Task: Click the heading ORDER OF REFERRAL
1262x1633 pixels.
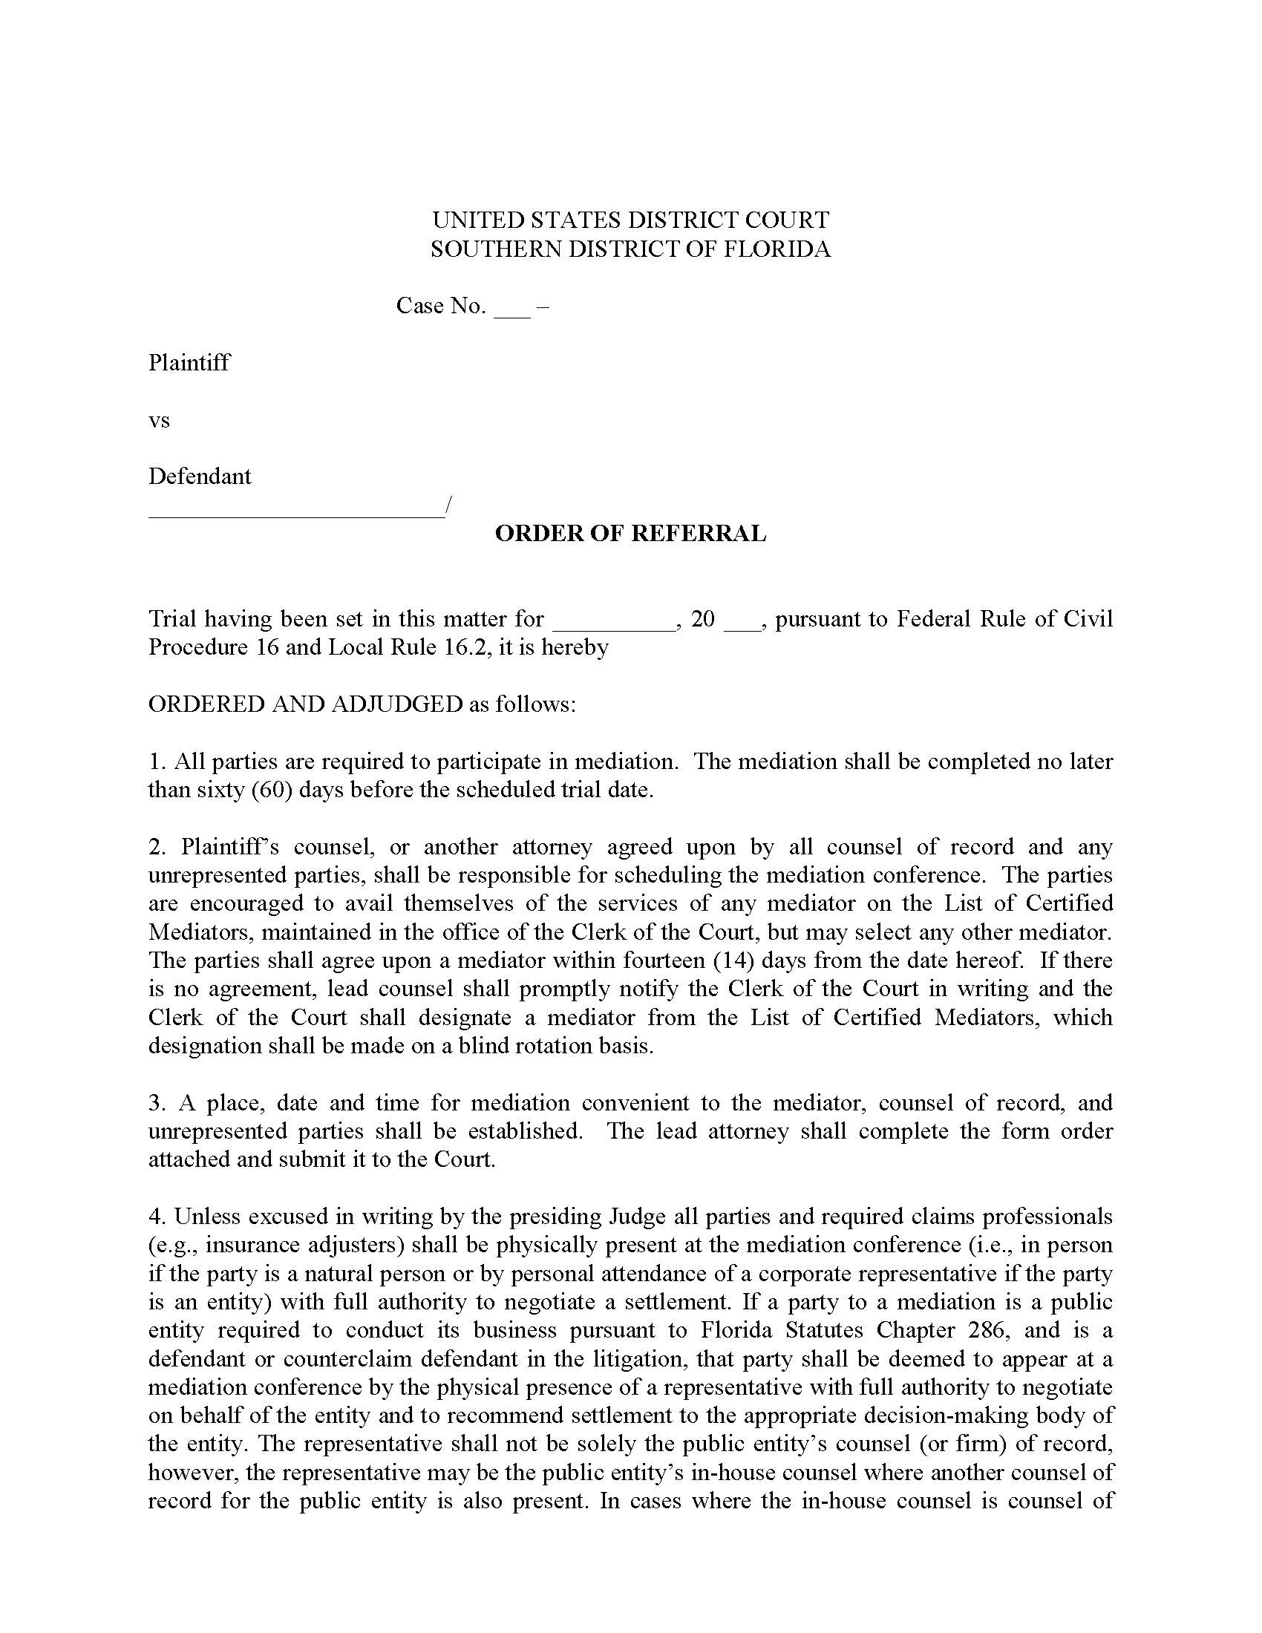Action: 630,534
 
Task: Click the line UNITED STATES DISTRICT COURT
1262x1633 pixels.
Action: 630,220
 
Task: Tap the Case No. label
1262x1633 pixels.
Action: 440,306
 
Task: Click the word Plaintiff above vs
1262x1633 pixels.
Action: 189,363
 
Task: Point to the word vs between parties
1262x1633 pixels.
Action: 160,420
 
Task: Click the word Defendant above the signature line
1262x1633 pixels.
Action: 200,477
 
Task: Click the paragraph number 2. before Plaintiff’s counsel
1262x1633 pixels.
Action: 155,847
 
